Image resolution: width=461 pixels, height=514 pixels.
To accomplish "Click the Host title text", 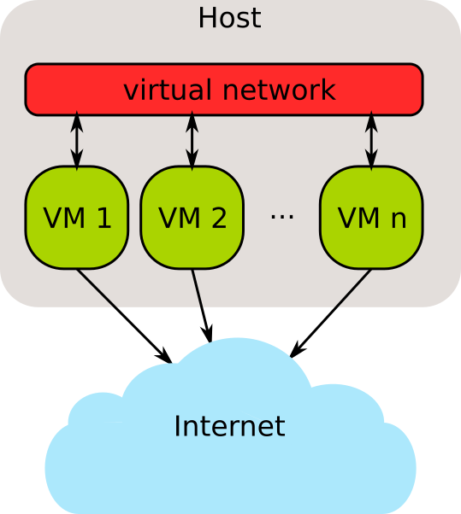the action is click(230, 18).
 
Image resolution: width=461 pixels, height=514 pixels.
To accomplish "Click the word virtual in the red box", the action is click(168, 89).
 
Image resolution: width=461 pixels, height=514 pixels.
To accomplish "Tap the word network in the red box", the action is click(279, 89).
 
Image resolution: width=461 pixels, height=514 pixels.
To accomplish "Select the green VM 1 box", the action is click(77, 218).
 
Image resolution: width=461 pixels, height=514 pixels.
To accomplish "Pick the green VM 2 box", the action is click(192, 218).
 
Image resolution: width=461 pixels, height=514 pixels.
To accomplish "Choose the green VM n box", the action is click(371, 218).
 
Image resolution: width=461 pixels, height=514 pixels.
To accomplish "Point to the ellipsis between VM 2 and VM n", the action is click(281, 216).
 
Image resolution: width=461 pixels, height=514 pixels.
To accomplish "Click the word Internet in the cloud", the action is click(229, 426).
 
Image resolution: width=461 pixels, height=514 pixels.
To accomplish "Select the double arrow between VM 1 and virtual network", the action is click(77, 141).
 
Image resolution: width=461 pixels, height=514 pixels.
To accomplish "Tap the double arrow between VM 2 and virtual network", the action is click(192, 141).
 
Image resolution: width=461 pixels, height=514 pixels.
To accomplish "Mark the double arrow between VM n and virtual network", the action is click(371, 141).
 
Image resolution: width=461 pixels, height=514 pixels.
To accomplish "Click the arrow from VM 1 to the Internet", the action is click(124, 316).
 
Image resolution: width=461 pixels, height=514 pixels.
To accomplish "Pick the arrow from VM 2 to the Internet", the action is click(201, 306).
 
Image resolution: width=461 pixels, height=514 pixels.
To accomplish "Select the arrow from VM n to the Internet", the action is click(331, 313).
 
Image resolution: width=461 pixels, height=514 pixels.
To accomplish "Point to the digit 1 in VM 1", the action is click(103, 218).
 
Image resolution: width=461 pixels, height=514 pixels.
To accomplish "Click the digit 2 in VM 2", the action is click(219, 218).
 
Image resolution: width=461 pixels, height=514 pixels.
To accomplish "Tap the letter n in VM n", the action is click(399, 220).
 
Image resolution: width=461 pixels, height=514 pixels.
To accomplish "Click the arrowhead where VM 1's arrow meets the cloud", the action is click(164, 356).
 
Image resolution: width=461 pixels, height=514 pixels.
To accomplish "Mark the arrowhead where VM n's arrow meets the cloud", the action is click(297, 350).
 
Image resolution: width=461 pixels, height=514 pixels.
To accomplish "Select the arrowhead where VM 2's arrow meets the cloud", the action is click(208, 334).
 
